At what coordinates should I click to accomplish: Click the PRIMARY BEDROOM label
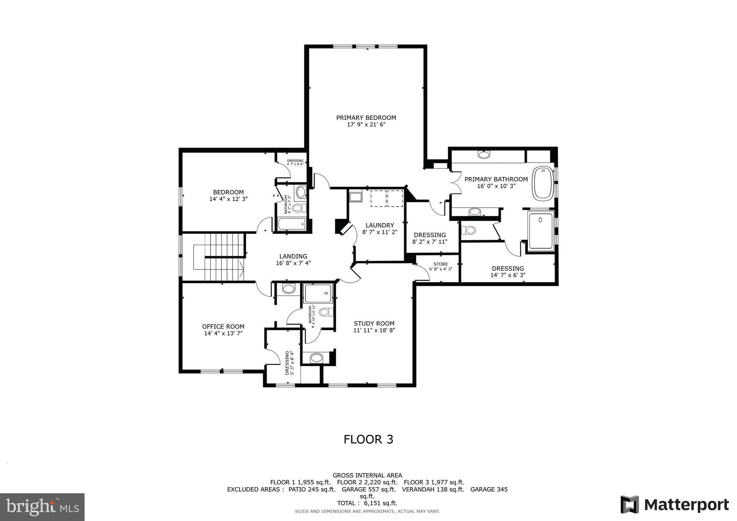[x=366, y=118]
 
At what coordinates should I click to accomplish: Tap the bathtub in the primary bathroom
[x=543, y=184]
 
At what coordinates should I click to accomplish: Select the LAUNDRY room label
[x=380, y=226]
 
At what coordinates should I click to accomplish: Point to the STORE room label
[x=440, y=264]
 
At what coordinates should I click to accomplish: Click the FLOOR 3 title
[x=368, y=439]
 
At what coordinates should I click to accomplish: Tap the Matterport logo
[x=675, y=505]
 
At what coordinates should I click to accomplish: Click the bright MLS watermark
[x=42, y=507]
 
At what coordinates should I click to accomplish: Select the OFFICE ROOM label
[x=223, y=327]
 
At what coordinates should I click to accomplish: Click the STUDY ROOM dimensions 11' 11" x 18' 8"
[x=374, y=330]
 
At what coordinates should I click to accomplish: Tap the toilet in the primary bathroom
[x=469, y=230]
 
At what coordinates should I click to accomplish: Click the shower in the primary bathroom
[x=541, y=231]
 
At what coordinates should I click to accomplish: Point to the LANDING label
[x=293, y=257]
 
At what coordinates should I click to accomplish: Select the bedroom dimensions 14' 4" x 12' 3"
[x=229, y=199]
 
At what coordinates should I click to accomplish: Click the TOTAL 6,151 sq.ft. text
[x=367, y=503]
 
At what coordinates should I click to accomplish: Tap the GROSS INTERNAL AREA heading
[x=367, y=476]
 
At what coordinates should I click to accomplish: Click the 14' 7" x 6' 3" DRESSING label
[x=508, y=275]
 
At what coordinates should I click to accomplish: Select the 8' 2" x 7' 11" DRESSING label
[x=430, y=242]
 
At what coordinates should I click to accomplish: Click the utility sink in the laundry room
[x=356, y=197]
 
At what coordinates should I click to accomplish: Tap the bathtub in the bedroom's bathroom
[x=291, y=224]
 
